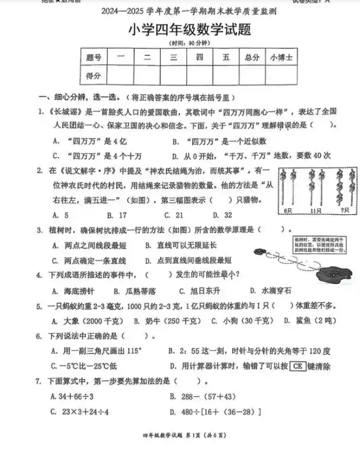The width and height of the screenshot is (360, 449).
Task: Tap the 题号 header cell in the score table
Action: click(x=94, y=57)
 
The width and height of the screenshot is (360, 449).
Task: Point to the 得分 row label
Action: click(x=94, y=75)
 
